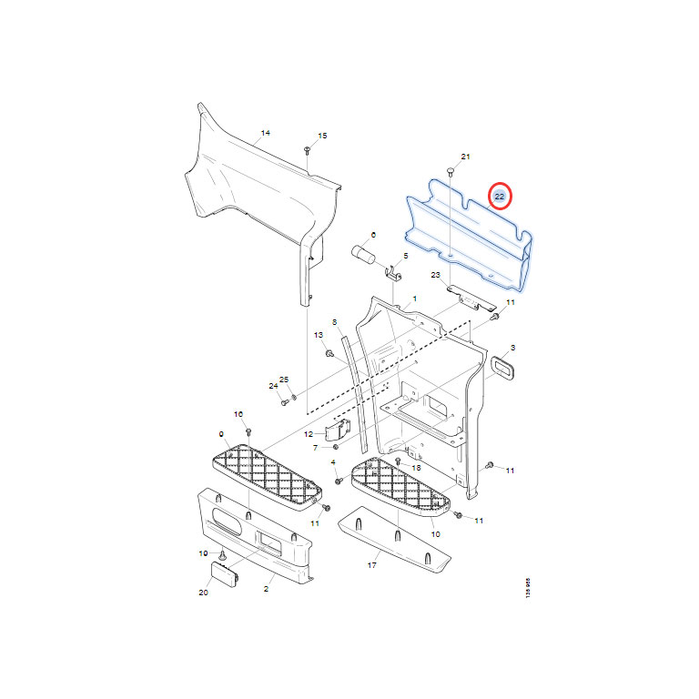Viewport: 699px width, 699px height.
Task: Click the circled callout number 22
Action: (x=500, y=197)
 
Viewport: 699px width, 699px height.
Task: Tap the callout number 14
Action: (x=265, y=133)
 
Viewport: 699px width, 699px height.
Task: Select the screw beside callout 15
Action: (x=307, y=150)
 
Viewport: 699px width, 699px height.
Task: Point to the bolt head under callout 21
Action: (x=451, y=171)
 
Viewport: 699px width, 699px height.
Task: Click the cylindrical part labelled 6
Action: (x=363, y=256)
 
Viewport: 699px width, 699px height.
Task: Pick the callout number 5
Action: (x=406, y=256)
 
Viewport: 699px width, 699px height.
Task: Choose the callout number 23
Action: (x=436, y=275)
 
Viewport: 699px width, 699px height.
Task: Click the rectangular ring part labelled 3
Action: (x=502, y=369)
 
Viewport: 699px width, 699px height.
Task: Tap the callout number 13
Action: (x=319, y=335)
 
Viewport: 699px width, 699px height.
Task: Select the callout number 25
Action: (x=284, y=380)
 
